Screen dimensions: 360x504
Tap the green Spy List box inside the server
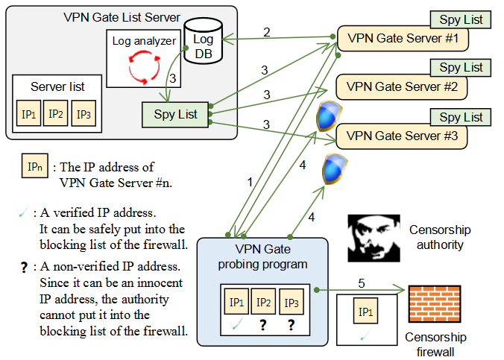tap(175, 114)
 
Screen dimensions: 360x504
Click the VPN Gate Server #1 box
tap(402, 38)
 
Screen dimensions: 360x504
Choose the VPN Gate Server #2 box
tap(402, 87)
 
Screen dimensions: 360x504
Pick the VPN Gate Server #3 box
tap(402, 136)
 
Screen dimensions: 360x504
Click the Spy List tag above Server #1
tap(461, 19)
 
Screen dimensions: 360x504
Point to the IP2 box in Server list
tap(54, 114)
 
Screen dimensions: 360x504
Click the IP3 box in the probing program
tap(291, 303)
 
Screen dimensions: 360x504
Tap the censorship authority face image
tap(374, 238)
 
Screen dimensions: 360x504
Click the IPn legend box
tap(35, 167)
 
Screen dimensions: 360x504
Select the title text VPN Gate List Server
tap(122, 17)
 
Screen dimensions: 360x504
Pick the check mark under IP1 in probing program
tap(236, 324)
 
